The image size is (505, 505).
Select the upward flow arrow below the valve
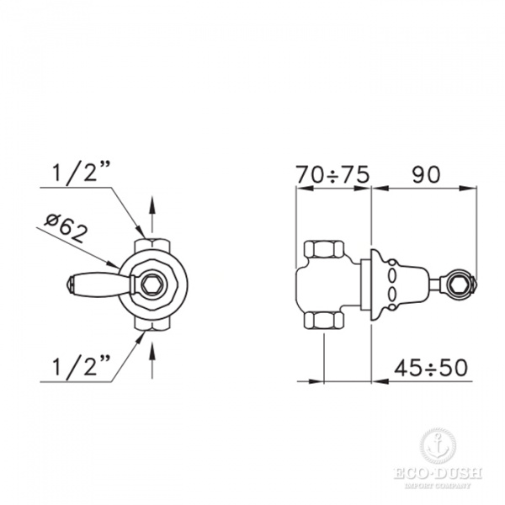pos(151,353)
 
